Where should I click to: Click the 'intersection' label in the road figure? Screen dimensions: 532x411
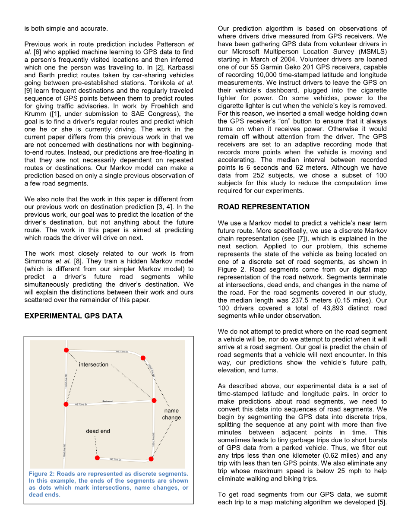pyautogui.click(x=94, y=364)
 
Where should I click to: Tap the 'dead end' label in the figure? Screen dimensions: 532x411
pyautogui.click(x=98, y=431)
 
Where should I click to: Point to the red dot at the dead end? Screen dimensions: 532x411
pyautogui.click(x=97, y=458)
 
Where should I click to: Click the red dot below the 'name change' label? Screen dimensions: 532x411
pyautogui.click(x=151, y=459)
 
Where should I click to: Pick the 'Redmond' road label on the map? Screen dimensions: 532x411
pyautogui.click(x=107, y=401)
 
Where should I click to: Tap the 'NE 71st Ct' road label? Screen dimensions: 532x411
pyautogui.click(x=117, y=459)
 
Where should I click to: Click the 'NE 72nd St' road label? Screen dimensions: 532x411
pyautogui.click(x=81, y=405)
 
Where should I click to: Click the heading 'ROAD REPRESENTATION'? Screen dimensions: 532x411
pyautogui.click(x=263, y=207)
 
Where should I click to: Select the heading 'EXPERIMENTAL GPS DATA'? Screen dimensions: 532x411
pyautogui.click(x=73, y=316)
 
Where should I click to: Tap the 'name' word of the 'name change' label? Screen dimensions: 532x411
pyautogui.click(x=171, y=411)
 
